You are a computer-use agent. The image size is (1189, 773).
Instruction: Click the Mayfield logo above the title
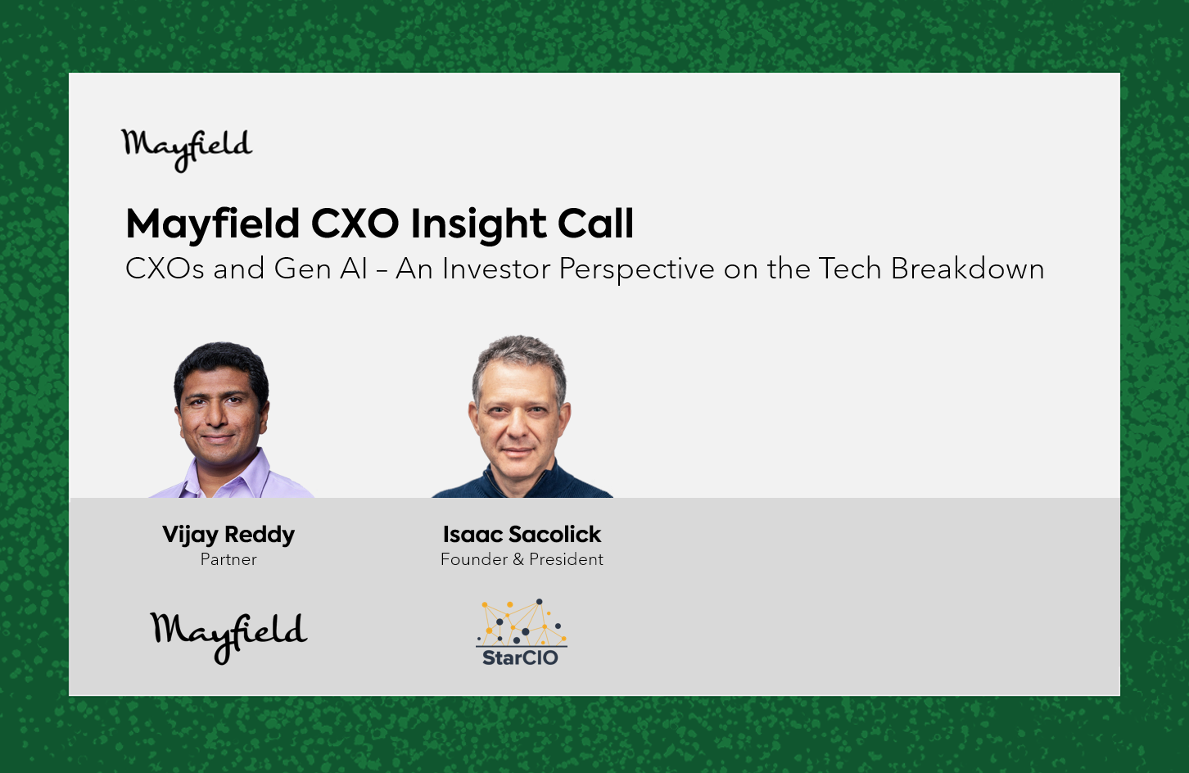click(x=187, y=150)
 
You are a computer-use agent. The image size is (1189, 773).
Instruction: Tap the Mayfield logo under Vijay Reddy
click(x=228, y=638)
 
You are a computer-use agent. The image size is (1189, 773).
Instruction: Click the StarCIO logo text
click(x=520, y=658)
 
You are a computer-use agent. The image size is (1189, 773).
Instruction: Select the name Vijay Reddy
click(x=228, y=536)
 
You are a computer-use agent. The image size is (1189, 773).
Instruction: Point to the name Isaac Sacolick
click(x=522, y=534)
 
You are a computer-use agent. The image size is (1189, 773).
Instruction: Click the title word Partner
click(x=228, y=559)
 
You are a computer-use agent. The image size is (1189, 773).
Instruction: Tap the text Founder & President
click(x=522, y=559)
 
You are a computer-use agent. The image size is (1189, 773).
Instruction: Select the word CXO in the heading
click(x=355, y=224)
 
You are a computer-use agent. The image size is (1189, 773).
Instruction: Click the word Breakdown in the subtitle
click(x=968, y=269)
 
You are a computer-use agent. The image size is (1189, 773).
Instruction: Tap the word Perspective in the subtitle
click(x=637, y=269)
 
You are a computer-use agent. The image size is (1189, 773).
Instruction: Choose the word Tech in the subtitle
click(x=850, y=269)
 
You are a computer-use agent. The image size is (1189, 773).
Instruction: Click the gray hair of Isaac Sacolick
click(x=520, y=355)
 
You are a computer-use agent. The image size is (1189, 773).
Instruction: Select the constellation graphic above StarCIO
click(x=522, y=622)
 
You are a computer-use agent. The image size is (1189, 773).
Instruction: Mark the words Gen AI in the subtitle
click(x=321, y=269)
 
